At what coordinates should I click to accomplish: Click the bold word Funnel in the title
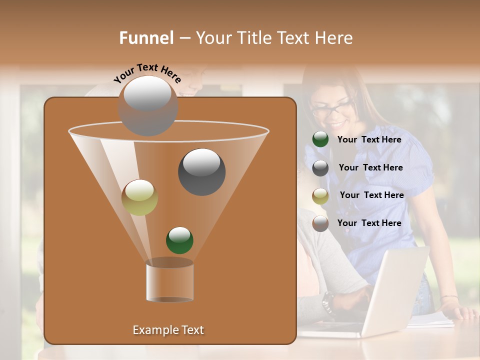click(x=146, y=38)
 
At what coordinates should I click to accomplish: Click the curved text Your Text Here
click(x=147, y=72)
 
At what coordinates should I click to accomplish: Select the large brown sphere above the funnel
click(x=148, y=105)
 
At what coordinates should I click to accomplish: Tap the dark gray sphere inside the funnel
click(x=201, y=171)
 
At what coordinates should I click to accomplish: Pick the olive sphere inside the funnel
click(x=139, y=197)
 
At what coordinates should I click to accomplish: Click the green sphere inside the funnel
click(x=179, y=240)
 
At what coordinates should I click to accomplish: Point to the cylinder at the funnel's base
click(x=169, y=280)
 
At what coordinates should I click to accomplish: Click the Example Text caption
click(x=168, y=330)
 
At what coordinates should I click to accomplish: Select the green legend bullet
click(x=320, y=139)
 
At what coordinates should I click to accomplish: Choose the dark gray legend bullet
click(x=320, y=167)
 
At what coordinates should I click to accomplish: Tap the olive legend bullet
click(x=320, y=195)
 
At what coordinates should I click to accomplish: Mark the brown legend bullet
click(x=320, y=223)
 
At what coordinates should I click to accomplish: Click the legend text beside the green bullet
click(x=369, y=139)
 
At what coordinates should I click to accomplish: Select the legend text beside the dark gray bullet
click(x=370, y=167)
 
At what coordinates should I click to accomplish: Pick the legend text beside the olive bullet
click(x=371, y=195)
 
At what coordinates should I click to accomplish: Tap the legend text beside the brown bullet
click(x=369, y=223)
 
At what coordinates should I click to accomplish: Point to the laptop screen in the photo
click(x=397, y=290)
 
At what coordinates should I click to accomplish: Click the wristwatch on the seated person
click(x=328, y=301)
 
